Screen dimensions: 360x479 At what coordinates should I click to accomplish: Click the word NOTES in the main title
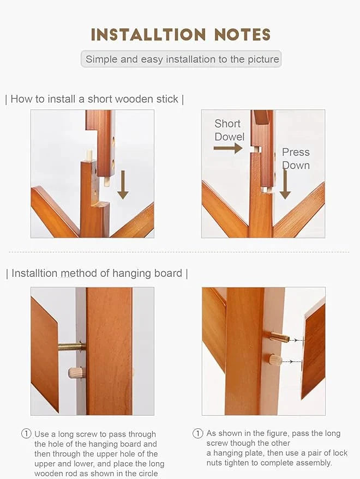242,34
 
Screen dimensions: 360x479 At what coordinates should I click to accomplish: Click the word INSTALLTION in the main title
148,34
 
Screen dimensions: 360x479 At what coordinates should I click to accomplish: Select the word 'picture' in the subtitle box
263,59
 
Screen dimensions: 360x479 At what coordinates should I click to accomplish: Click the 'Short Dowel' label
230,130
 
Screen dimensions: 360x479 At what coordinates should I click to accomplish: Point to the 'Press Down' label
296,159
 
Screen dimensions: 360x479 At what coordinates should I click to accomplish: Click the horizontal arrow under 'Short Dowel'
228,148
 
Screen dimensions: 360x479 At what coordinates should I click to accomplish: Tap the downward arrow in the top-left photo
123,185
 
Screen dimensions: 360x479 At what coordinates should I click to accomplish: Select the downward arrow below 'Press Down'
285,184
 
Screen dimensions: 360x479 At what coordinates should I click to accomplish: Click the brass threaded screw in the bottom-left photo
71,347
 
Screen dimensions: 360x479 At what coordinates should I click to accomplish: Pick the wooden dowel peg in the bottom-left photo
76,373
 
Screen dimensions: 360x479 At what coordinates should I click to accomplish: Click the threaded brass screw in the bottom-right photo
280,337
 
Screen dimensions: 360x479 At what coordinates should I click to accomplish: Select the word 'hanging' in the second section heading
132,274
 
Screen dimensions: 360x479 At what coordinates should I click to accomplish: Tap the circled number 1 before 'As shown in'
197,433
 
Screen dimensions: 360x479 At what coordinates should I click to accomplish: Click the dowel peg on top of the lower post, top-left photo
89,155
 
